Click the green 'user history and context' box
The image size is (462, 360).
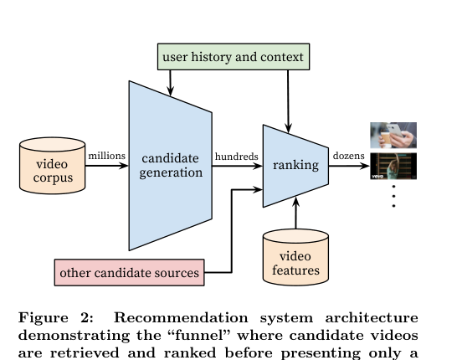coord(234,57)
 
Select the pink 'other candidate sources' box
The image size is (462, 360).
coord(130,272)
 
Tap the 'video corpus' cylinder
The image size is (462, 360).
coord(53,166)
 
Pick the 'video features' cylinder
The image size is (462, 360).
coord(295,257)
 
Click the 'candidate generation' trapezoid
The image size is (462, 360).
coord(170,166)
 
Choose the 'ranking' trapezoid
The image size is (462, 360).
coord(295,166)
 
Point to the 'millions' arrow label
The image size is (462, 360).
coord(106,156)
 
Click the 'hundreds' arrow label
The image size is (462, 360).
coord(237,157)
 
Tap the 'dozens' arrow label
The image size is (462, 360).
coord(348,156)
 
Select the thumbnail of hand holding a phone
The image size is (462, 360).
coord(393,136)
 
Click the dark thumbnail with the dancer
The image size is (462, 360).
coord(393,166)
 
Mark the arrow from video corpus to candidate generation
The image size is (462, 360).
coord(107,166)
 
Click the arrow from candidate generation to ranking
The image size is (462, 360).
coord(238,166)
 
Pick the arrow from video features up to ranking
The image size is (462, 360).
coord(295,213)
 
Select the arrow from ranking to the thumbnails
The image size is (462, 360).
coord(349,166)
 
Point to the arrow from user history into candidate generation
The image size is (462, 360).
coord(170,83)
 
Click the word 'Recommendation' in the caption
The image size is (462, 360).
coord(181,318)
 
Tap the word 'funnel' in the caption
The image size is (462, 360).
coord(203,335)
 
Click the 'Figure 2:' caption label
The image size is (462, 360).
coord(56,318)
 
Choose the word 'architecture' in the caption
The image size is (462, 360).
coord(372,318)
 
